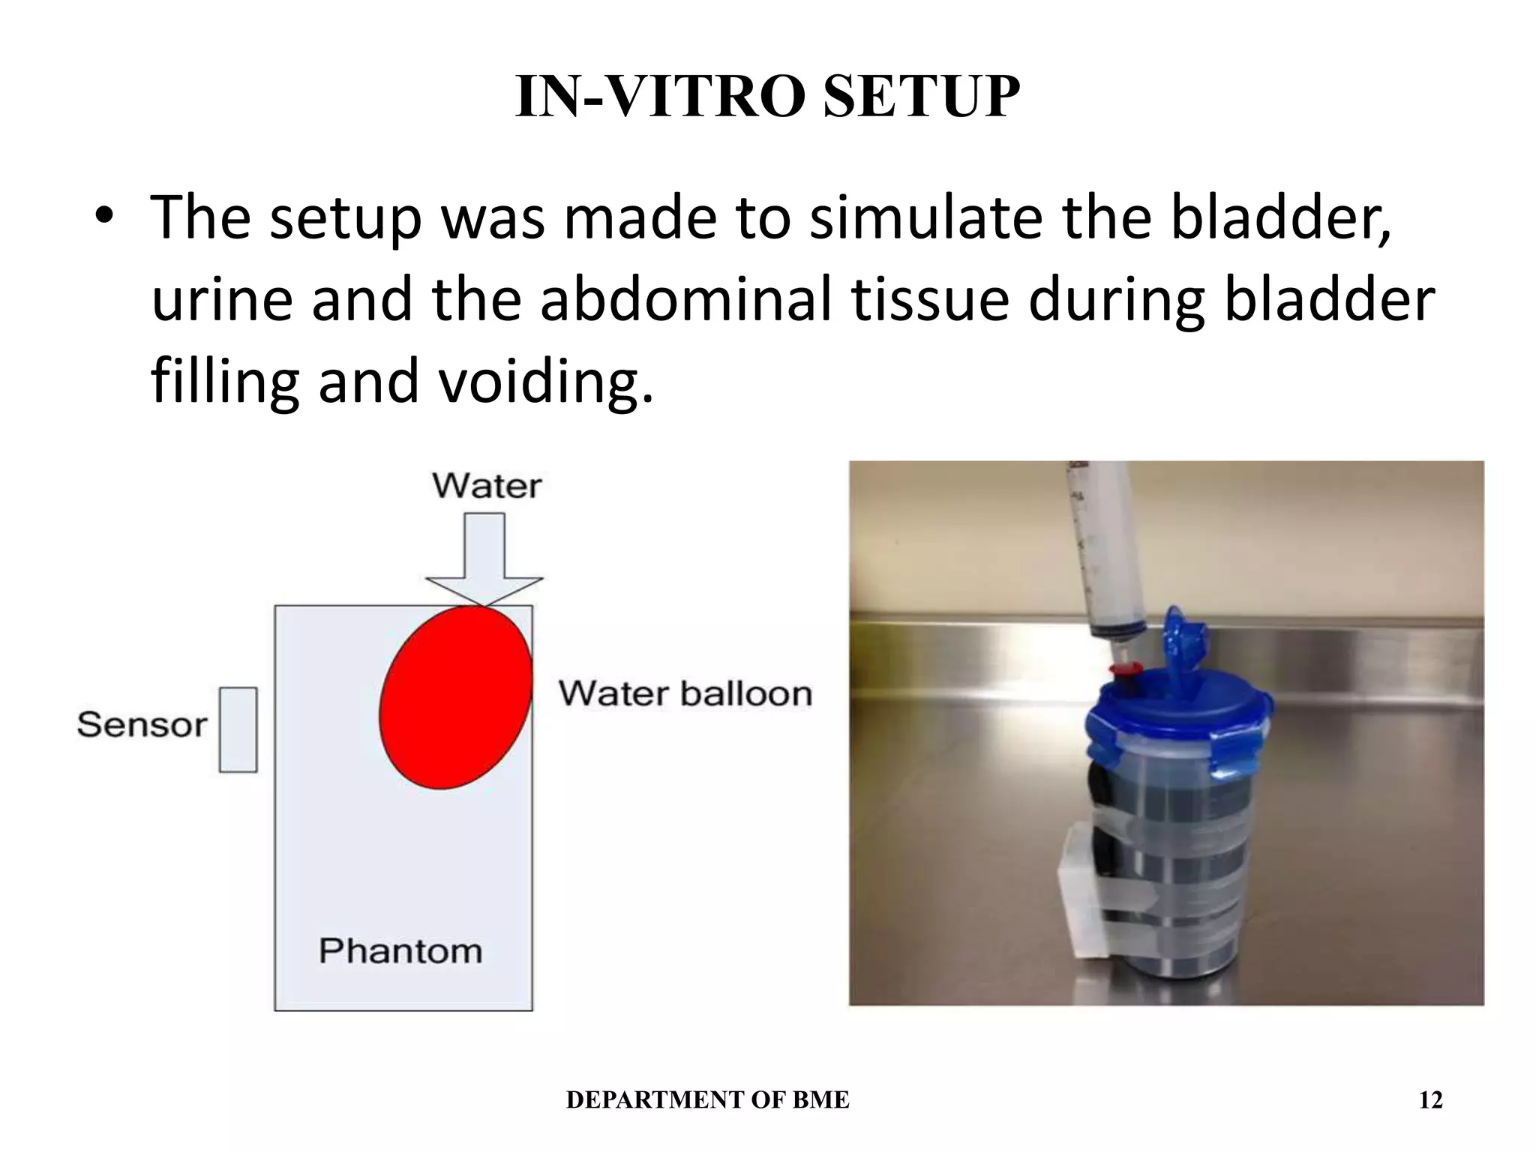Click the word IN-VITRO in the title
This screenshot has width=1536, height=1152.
coord(663,97)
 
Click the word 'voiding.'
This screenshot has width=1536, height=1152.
coord(545,381)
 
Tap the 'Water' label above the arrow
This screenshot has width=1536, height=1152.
coord(487,486)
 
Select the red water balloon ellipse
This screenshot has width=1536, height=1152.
coord(455,697)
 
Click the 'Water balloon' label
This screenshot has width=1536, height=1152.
coord(685,694)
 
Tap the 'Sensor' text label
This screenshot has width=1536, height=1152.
coord(142,725)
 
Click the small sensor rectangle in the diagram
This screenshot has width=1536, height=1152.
coord(238,730)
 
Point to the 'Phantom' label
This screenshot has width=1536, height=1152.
coord(400,951)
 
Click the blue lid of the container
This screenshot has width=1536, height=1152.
coord(1177,709)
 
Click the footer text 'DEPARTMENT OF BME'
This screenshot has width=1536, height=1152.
coord(707,1100)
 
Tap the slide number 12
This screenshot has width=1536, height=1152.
coord(1430,1100)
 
